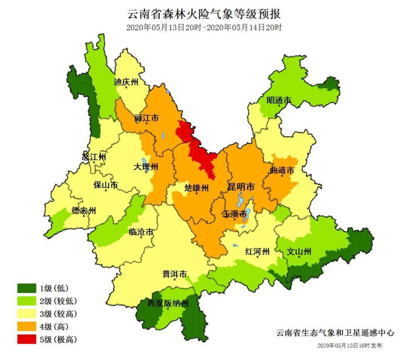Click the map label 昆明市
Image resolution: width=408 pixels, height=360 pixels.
(241, 187)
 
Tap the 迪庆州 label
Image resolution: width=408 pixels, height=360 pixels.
(127, 82)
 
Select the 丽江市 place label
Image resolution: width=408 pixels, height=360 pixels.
(146, 118)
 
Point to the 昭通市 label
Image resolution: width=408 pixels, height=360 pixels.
(279, 100)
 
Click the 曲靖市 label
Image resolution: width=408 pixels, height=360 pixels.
(282, 171)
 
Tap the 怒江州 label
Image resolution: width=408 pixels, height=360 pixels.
(94, 157)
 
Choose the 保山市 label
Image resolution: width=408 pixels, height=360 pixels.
(106, 185)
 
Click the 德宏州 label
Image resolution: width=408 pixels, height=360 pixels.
(84, 211)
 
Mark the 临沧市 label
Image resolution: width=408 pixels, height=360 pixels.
(141, 232)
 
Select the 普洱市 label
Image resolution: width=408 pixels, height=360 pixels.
(175, 274)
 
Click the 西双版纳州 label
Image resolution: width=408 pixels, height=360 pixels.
(168, 303)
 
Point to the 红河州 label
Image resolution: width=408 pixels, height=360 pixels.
(257, 251)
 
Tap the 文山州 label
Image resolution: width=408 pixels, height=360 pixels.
(299, 251)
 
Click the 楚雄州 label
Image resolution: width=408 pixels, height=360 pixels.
(196, 188)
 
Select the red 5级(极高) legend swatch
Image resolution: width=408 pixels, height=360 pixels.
(27, 339)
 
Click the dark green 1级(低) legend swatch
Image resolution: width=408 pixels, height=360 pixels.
(27, 289)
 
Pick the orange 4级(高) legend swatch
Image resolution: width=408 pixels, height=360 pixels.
(27, 326)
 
